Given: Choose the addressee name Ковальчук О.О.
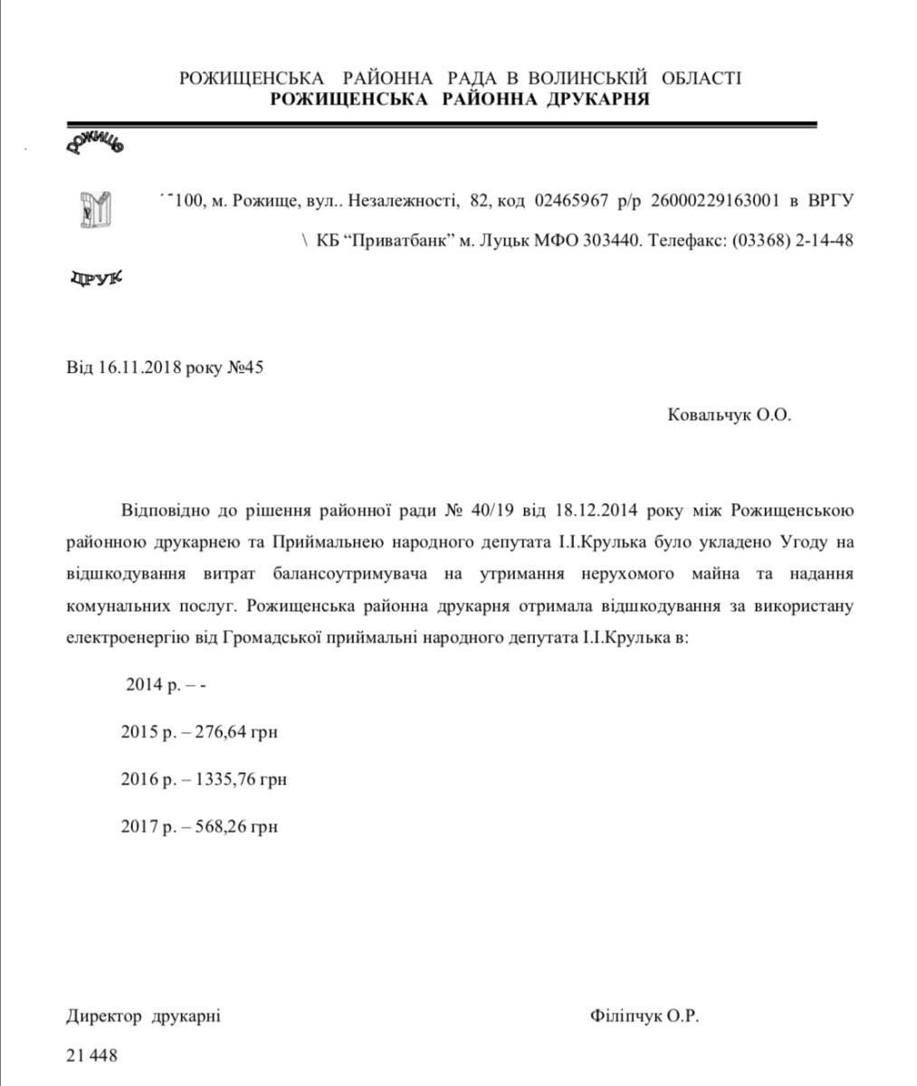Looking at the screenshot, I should (729, 415).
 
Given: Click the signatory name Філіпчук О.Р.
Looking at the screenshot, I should (644, 1016).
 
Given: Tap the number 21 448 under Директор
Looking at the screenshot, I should (91, 1055).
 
